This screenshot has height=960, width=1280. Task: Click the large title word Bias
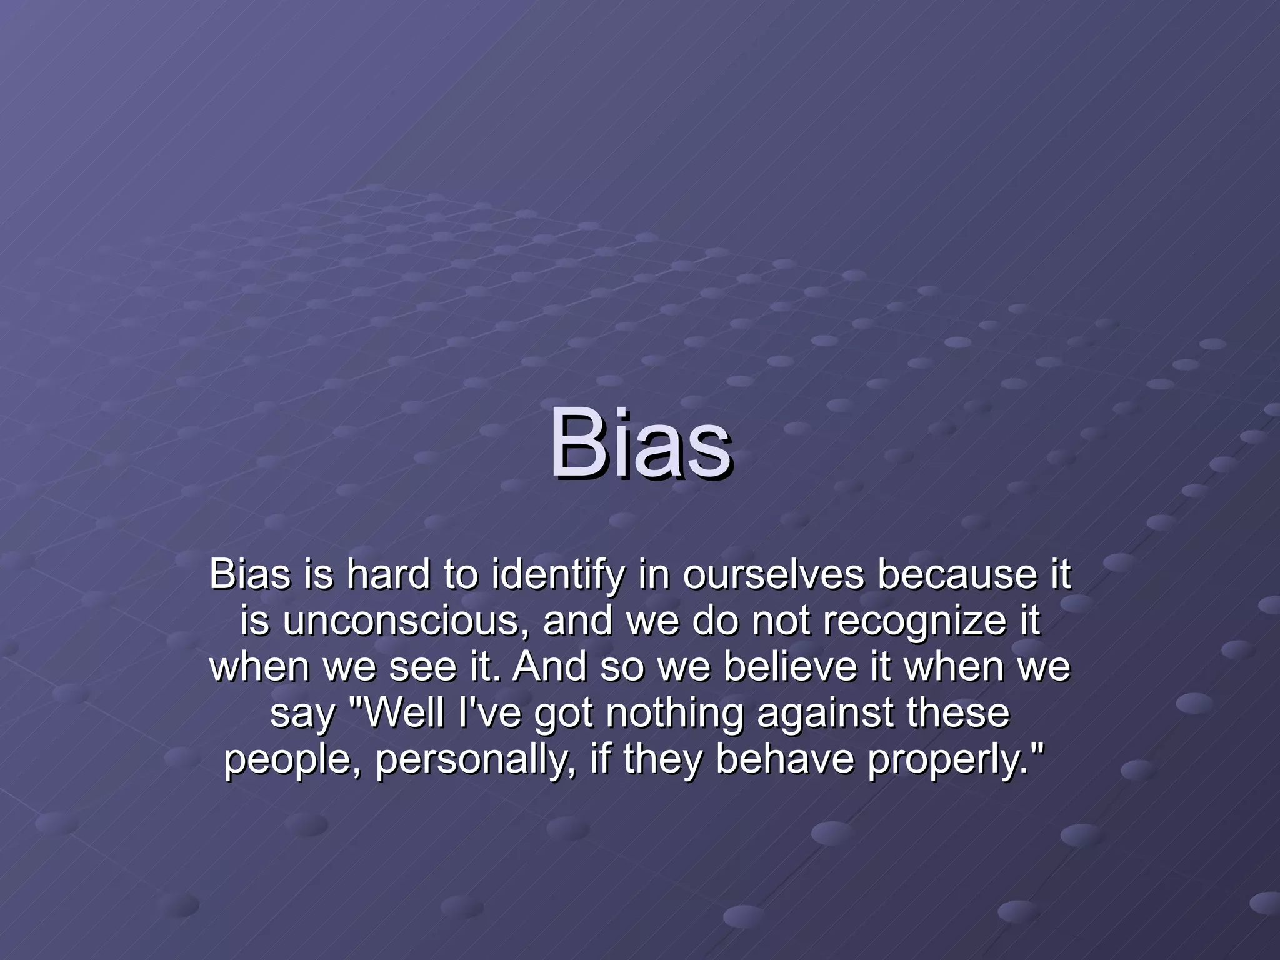640,442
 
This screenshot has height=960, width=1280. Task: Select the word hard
388,574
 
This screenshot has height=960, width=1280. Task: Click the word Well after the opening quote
405,713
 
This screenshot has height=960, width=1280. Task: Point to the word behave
784,759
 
